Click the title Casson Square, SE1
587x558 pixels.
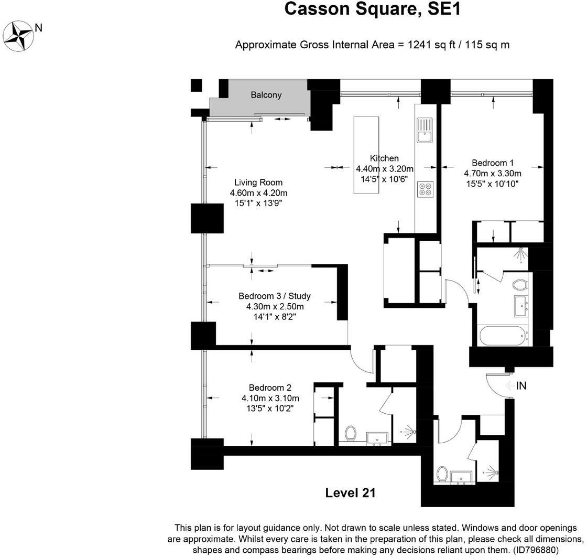point(372,9)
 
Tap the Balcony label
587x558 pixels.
point(266,95)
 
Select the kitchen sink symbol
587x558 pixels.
point(423,131)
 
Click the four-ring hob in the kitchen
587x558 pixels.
point(425,189)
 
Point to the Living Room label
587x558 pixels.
point(258,183)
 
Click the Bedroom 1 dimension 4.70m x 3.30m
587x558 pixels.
point(492,173)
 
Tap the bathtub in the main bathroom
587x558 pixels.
point(502,335)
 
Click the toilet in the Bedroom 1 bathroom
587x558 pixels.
point(519,285)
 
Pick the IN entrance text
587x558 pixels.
point(521,386)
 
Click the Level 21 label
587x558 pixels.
point(350,493)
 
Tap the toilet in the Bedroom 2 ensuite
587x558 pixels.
point(351,434)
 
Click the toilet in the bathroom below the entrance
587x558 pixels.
point(441,475)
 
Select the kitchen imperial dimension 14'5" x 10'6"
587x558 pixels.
point(385,178)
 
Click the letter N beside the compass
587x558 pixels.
point(38,27)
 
